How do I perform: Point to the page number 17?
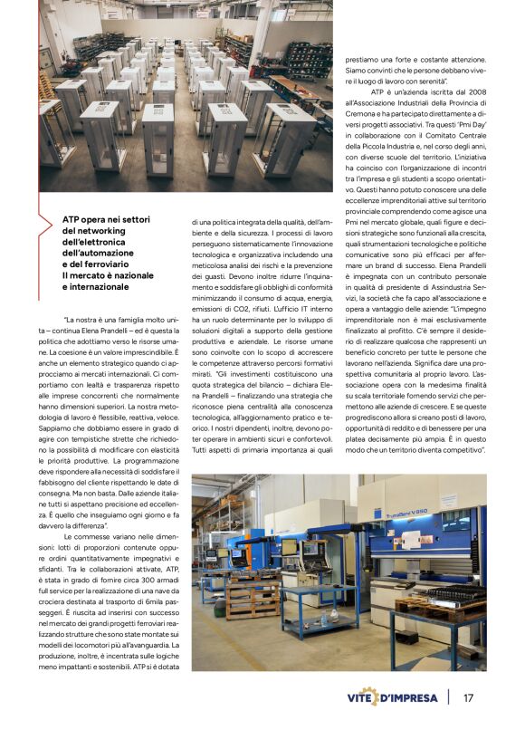point(468,697)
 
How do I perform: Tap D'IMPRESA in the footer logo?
point(411,697)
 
